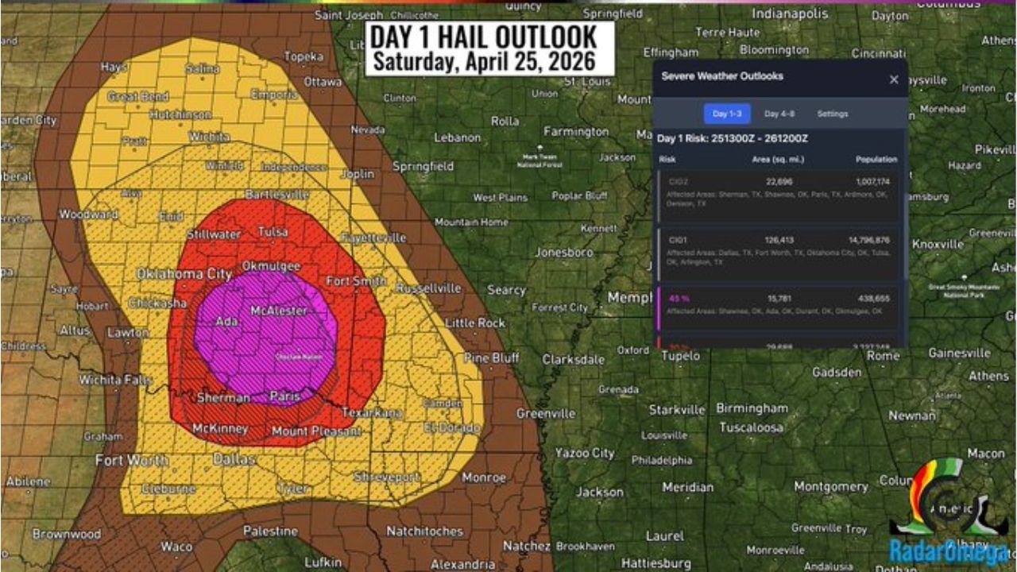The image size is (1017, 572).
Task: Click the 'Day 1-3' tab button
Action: click(x=727, y=114)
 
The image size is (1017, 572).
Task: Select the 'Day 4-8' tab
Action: click(x=779, y=114)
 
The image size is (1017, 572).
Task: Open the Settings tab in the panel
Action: click(x=832, y=114)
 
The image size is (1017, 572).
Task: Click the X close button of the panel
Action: click(x=894, y=79)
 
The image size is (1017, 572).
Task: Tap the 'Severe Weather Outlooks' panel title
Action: click(x=722, y=76)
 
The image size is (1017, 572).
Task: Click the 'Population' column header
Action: click(x=876, y=160)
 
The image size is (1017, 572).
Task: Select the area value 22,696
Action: click(x=779, y=182)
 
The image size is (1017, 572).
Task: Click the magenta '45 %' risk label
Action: click(x=679, y=298)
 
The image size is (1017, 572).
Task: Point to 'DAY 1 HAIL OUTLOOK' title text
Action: click(x=483, y=37)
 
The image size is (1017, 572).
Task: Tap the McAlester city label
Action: click(x=278, y=311)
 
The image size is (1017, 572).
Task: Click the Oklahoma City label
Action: click(x=184, y=274)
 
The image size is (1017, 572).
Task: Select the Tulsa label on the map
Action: click(x=273, y=232)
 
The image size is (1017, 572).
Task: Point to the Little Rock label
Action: click(x=475, y=323)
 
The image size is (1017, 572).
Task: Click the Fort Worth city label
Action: click(x=131, y=460)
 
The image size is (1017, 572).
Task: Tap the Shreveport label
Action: click(x=387, y=477)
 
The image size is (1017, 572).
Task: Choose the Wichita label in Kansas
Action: click(x=210, y=137)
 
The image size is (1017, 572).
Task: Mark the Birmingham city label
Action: click(x=752, y=408)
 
